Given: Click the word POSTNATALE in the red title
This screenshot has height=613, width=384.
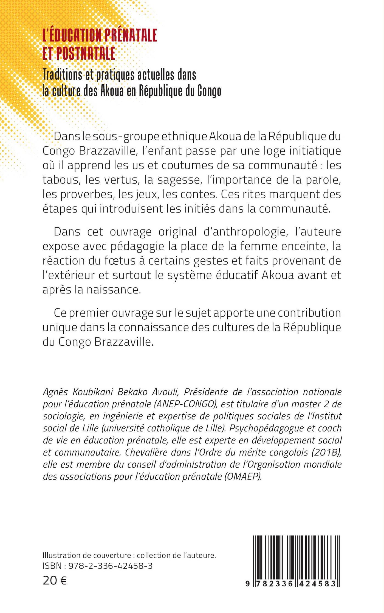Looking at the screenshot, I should pyautogui.click(x=86, y=53).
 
